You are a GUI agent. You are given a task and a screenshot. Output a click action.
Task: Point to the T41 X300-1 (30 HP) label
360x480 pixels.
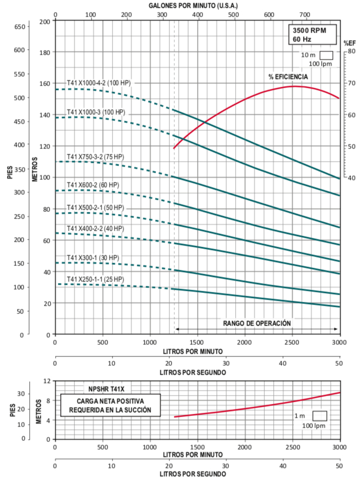(x=93, y=258)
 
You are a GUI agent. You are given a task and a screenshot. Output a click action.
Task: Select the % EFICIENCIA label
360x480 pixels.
(x=288, y=77)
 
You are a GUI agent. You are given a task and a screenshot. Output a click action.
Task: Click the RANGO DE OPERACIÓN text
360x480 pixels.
(x=257, y=323)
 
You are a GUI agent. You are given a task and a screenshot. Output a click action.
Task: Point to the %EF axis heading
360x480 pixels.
(x=350, y=42)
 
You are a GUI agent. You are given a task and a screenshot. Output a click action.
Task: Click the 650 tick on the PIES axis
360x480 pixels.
(x=19, y=26)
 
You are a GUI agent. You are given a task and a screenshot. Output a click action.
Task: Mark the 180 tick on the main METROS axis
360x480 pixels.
(x=45, y=53)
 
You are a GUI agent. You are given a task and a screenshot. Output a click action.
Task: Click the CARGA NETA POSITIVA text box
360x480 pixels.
(x=110, y=405)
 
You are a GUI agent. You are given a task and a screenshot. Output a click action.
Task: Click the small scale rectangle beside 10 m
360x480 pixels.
(x=326, y=55)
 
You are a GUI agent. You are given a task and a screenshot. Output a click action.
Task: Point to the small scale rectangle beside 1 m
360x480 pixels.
(x=320, y=415)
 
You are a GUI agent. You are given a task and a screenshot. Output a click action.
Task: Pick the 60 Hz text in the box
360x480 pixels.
(x=303, y=40)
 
